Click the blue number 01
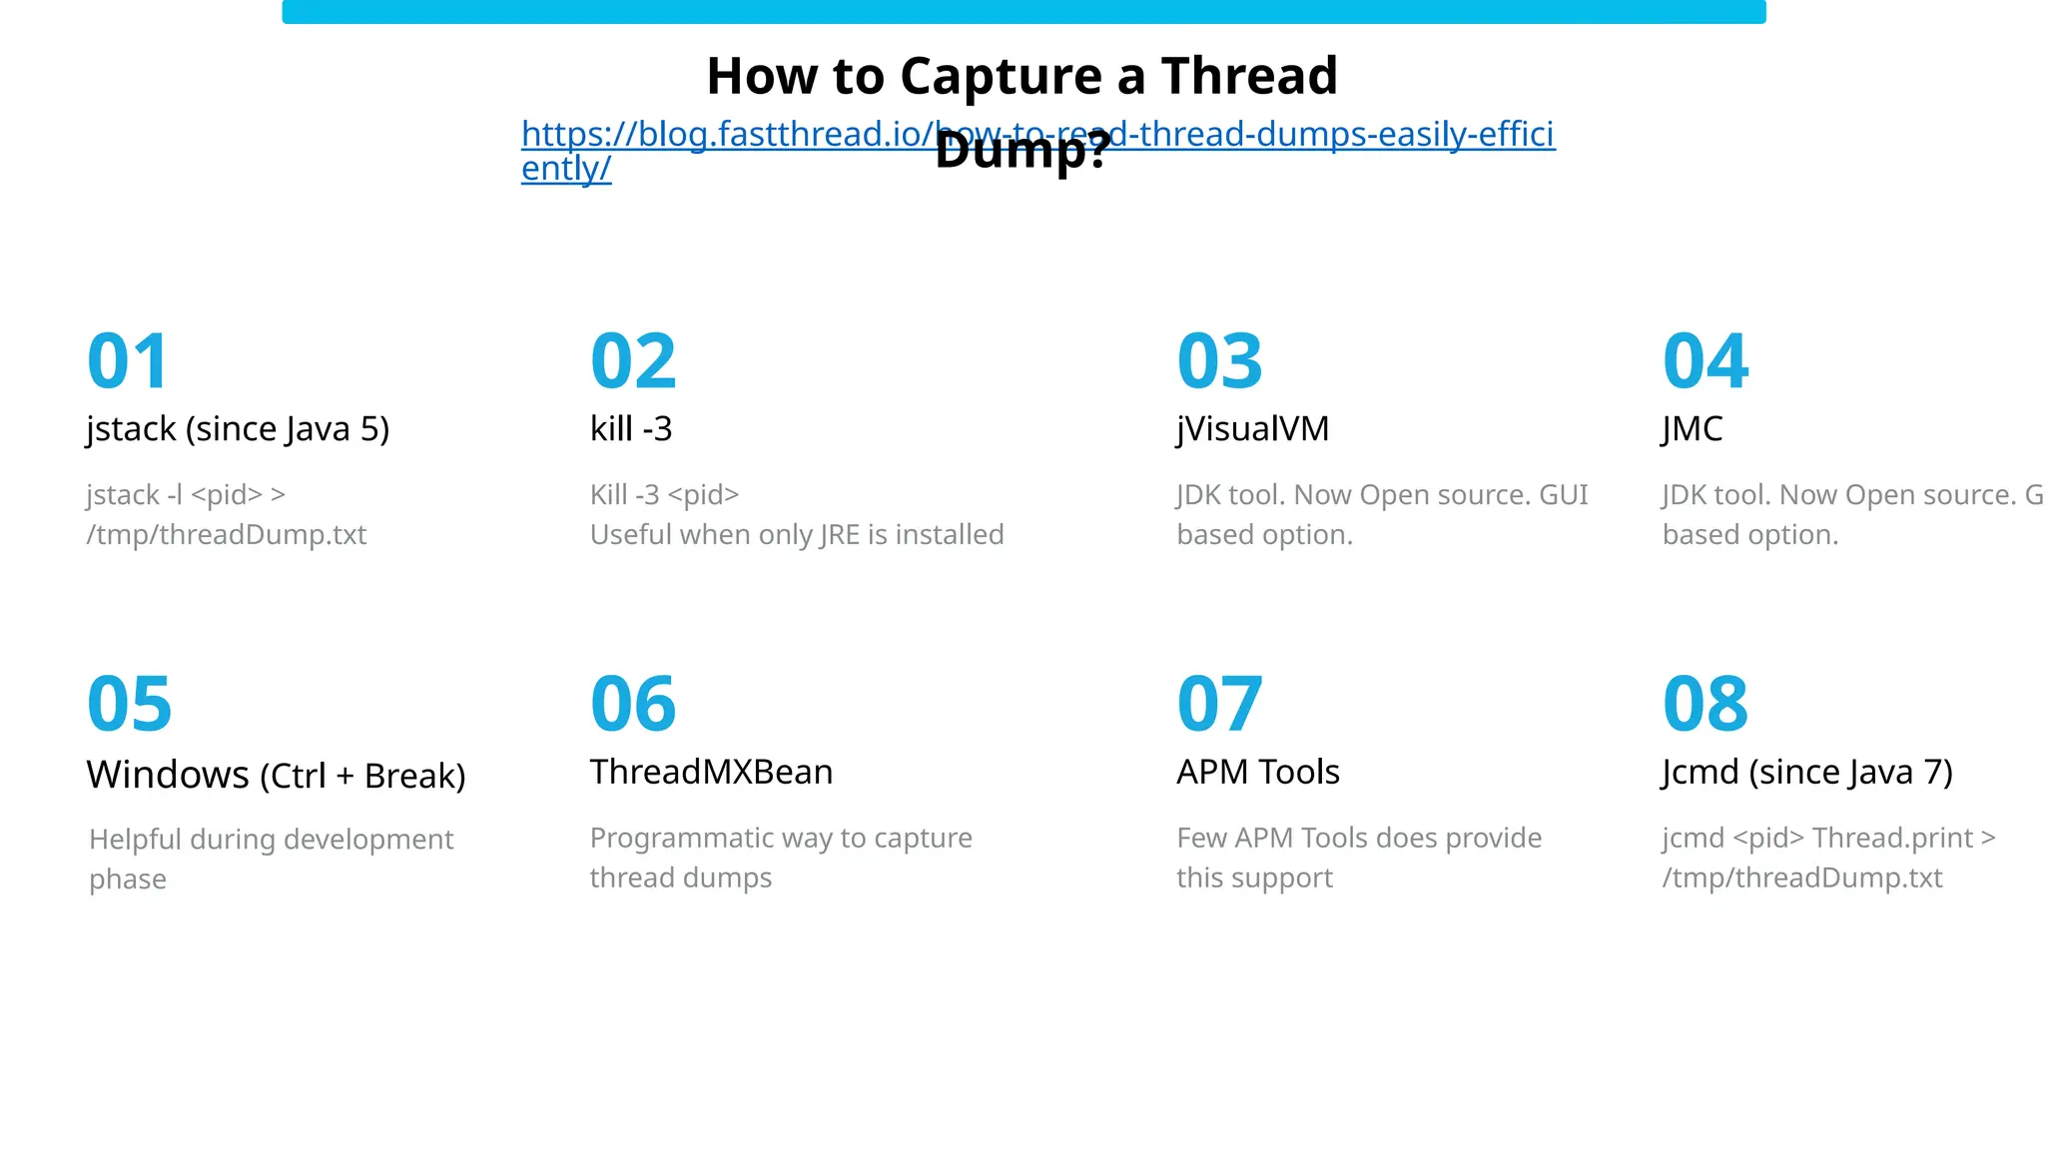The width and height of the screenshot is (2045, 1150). [x=128, y=361]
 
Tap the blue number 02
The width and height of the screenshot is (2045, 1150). [x=633, y=361]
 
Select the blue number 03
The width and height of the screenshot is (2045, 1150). [x=1219, y=361]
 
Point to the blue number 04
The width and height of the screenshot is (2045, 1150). [x=1705, y=361]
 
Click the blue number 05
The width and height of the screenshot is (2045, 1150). [x=130, y=704]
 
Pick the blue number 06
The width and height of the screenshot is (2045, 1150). [x=633, y=704]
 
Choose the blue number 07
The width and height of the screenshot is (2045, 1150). [x=1219, y=704]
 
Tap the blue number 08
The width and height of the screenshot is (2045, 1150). [x=1705, y=704]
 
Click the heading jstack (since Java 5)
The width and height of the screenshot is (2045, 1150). [x=238, y=429]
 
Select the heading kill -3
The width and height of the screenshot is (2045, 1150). [x=631, y=429]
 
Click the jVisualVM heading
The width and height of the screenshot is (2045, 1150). [x=1253, y=429]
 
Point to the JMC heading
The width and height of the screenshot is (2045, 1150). [x=1693, y=429]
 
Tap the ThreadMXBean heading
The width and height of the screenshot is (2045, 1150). [x=711, y=773]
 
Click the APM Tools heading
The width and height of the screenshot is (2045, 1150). [x=1258, y=773]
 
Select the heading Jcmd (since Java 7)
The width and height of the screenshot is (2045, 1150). [x=1807, y=773]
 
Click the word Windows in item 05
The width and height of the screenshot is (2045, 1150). [x=168, y=776]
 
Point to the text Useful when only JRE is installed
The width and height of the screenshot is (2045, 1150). [x=797, y=535]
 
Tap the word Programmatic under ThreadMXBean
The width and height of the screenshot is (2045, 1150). [x=660, y=839]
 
